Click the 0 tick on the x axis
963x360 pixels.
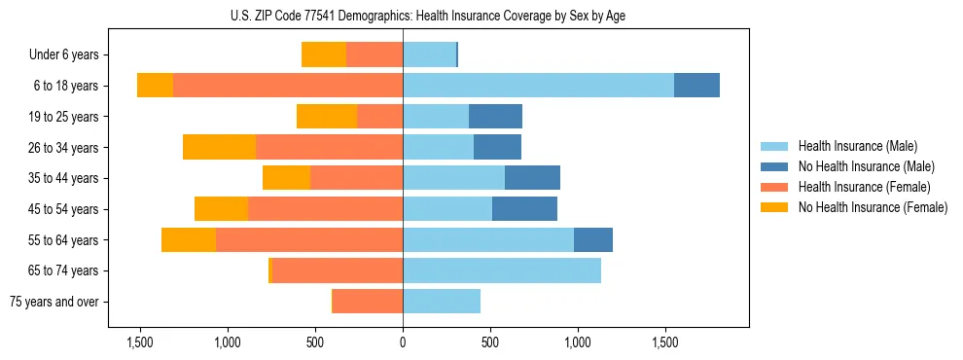click(403, 342)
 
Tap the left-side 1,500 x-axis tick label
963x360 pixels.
click(140, 342)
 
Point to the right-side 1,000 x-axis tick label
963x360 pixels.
click(578, 342)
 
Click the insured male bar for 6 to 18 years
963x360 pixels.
click(538, 86)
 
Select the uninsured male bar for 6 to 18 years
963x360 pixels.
click(696, 86)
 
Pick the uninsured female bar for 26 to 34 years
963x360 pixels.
click(219, 147)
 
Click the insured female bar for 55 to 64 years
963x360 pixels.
click(309, 239)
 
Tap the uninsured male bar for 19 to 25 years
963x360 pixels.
click(495, 117)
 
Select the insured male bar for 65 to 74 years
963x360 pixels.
click(502, 270)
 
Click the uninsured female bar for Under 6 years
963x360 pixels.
click(324, 54)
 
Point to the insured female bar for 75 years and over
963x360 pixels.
click(368, 302)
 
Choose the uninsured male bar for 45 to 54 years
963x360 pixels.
click(524, 209)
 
